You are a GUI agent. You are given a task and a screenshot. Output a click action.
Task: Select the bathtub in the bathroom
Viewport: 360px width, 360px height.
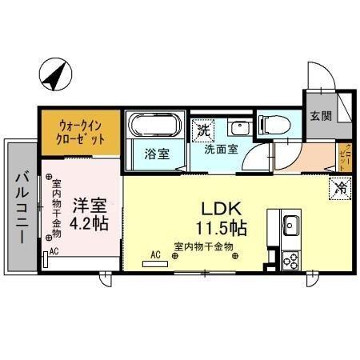tap(156, 126)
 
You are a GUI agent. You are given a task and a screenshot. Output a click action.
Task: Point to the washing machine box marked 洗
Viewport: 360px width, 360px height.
tap(203, 129)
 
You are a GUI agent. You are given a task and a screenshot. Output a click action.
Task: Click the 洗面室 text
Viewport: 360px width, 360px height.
tap(219, 149)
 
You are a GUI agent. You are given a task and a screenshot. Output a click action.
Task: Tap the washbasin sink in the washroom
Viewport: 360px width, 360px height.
tap(238, 127)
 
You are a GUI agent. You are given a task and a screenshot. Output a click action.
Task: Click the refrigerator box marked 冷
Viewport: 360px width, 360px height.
tap(340, 190)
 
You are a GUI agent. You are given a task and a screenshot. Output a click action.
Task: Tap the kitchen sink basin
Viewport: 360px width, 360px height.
tap(290, 224)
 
